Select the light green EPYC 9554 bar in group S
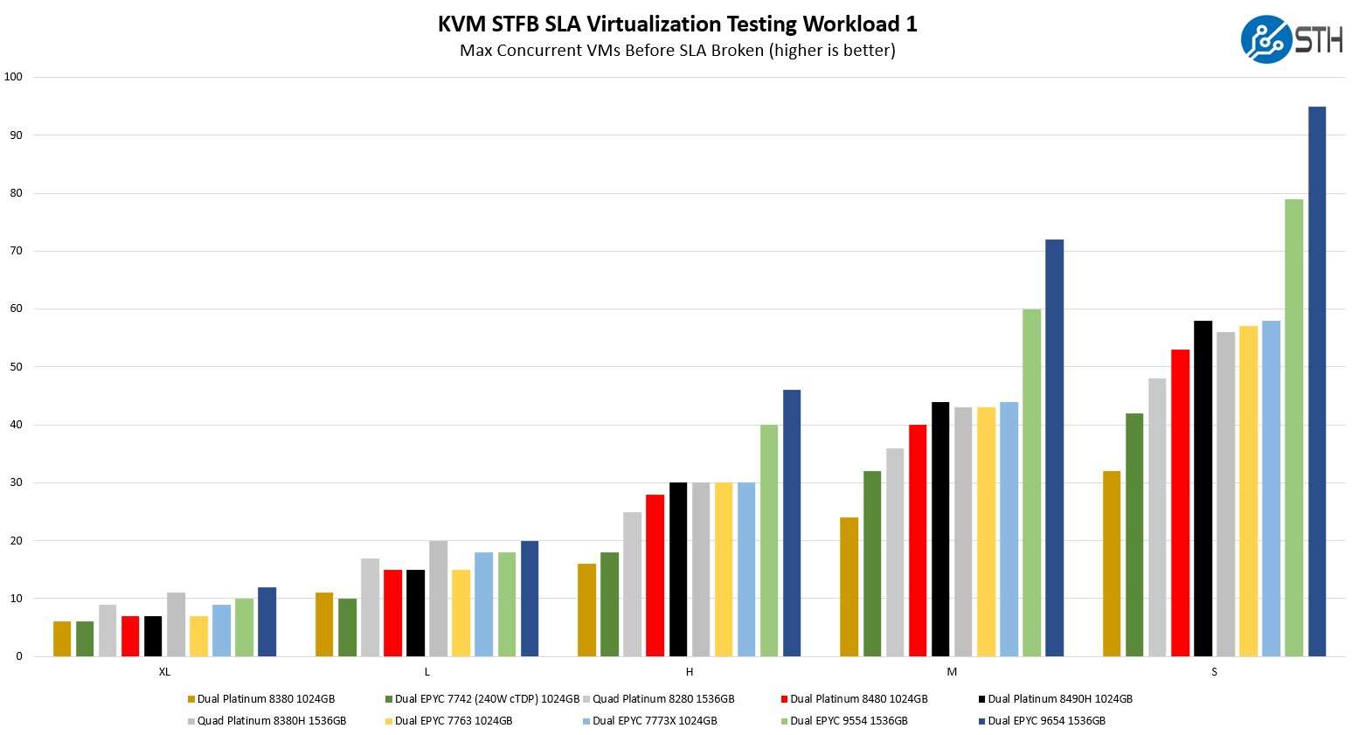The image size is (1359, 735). pyautogui.click(x=1293, y=427)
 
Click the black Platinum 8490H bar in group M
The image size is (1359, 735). pyautogui.click(x=940, y=529)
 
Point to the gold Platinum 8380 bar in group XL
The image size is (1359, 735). pyautogui.click(x=62, y=639)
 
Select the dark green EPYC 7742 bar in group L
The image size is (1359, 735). pyautogui.click(x=347, y=627)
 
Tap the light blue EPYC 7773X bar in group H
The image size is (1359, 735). pyautogui.click(x=745, y=569)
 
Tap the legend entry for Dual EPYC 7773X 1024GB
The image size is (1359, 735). pyautogui.click(x=655, y=721)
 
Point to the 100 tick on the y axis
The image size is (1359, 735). pyautogui.click(x=13, y=77)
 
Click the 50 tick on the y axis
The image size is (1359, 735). pyautogui.click(x=16, y=367)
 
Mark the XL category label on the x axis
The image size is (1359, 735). pyautogui.click(x=164, y=672)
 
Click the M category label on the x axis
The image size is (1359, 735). pyautogui.click(x=952, y=672)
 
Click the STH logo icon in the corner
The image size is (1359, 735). pyautogui.click(x=1266, y=39)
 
